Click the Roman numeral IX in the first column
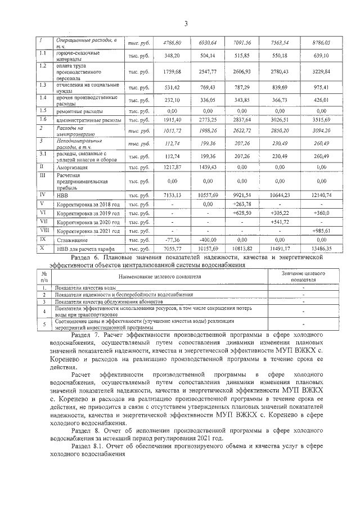pyautogui.click(x=42, y=240)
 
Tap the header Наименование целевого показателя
pyautogui.click(x=157, y=277)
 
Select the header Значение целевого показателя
pyautogui.click(x=303, y=276)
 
